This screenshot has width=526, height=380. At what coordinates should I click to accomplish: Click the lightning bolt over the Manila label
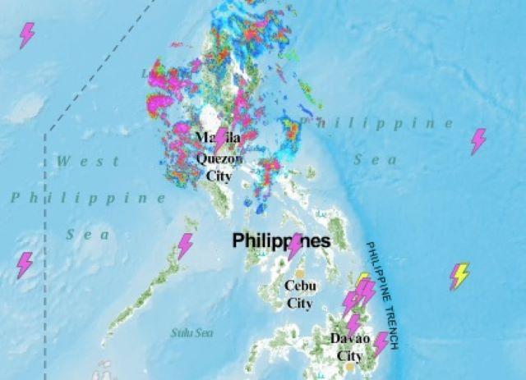pos(220,139)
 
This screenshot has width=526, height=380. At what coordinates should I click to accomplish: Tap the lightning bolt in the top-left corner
pos(27,35)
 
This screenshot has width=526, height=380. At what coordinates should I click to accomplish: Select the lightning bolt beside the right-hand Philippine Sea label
pos(478,141)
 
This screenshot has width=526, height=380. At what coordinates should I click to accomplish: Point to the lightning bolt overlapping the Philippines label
pos(295,245)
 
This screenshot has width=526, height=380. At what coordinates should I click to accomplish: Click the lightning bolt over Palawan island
pos(186,246)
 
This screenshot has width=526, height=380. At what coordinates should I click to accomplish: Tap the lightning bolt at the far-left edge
pos(25,264)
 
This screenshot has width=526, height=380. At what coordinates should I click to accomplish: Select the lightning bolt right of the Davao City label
pos(381,343)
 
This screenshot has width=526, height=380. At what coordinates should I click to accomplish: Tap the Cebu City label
pos(299,294)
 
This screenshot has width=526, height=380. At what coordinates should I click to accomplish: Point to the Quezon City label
pos(214,167)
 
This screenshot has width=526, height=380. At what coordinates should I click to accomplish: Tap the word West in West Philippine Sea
pos(76,161)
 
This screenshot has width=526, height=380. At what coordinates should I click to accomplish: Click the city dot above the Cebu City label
pos(301,273)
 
